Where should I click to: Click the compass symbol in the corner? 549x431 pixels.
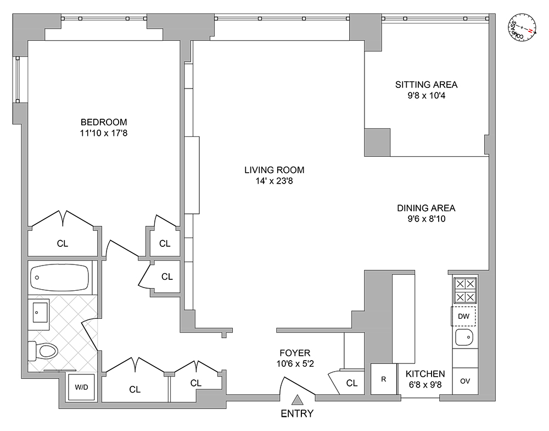tap(522, 25)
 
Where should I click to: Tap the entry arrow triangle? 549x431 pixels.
tap(297, 400)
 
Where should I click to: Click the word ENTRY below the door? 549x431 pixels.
tap(297, 414)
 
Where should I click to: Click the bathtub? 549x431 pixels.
tap(59, 278)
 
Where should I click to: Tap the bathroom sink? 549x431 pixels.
tap(40, 312)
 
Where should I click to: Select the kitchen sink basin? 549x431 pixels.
tap(464, 337)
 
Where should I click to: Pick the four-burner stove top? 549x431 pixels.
tap(464, 290)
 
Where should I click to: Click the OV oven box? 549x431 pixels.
tap(464, 381)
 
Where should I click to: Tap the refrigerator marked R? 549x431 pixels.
tap(383, 379)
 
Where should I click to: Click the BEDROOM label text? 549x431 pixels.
tap(104, 122)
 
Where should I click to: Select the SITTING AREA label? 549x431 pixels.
tap(426, 85)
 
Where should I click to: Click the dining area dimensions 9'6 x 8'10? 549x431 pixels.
tap(426, 218)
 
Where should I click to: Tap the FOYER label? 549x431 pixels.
tap(295, 353)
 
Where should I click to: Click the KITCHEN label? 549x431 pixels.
tap(425, 374)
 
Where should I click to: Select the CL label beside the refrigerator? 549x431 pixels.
tap(352, 383)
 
